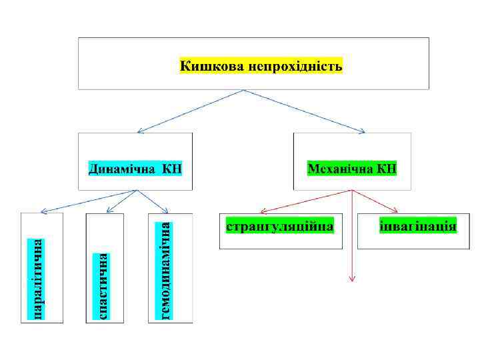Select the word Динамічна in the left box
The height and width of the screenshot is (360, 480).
click(x=121, y=168)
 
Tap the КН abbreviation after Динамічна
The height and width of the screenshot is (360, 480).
click(x=170, y=168)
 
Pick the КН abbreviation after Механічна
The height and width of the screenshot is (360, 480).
click(x=386, y=168)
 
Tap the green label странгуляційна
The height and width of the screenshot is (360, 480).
click(x=280, y=225)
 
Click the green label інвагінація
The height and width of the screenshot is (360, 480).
click(x=418, y=225)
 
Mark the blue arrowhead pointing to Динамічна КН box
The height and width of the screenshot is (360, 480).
click(x=139, y=130)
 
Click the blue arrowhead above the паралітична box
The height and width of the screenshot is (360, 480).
click(x=42, y=210)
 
